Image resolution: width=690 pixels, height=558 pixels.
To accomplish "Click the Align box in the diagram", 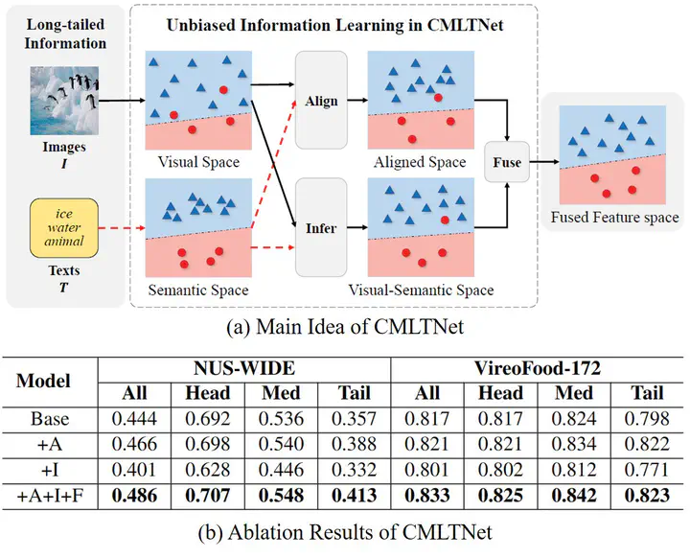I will [321, 100].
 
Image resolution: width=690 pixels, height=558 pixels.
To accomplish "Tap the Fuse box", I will [507, 162].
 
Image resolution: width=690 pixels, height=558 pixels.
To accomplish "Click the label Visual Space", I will [199, 162].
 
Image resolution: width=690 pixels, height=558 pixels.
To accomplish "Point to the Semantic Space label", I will [198, 290].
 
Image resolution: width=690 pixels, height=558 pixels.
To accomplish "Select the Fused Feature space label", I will [614, 218].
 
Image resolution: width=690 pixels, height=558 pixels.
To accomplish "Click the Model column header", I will [44, 381].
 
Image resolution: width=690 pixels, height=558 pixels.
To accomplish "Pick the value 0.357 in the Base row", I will [354, 418].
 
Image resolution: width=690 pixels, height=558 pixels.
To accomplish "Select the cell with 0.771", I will [648, 471].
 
